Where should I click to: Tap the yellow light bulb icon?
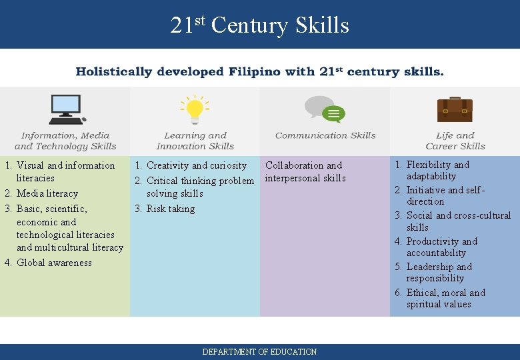[x=195, y=109]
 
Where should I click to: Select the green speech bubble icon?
[x=333, y=114]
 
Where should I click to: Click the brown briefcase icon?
[x=455, y=109]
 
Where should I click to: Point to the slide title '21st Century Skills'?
[x=259, y=25]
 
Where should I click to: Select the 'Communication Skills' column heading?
[x=325, y=135]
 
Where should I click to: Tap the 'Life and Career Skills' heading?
[x=455, y=141]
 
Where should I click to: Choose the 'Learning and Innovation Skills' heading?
[x=195, y=141]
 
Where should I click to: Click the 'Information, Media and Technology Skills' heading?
[x=65, y=141]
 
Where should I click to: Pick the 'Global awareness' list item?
[x=54, y=263]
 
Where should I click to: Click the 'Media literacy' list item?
[x=47, y=193]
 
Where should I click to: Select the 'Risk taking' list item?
[x=171, y=209]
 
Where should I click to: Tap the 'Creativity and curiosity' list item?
[x=196, y=165]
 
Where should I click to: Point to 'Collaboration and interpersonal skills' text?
[x=305, y=171]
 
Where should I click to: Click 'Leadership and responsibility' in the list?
[x=439, y=273]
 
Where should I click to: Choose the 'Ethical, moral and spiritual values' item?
[x=445, y=298]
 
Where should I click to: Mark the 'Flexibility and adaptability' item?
[x=437, y=170]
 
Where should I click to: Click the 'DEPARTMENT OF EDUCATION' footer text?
[x=259, y=351]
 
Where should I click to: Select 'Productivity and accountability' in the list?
[x=441, y=247]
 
